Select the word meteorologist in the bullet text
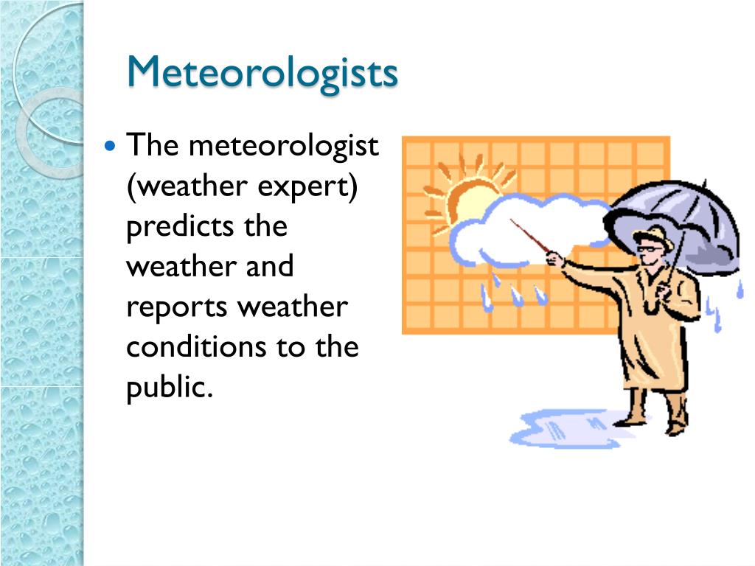pyautogui.click(x=283, y=146)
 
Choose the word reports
pyautogui.click(x=176, y=307)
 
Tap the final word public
pyautogui.click(x=169, y=386)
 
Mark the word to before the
pyautogui.click(x=290, y=346)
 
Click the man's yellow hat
pyautogui.click(x=654, y=237)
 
